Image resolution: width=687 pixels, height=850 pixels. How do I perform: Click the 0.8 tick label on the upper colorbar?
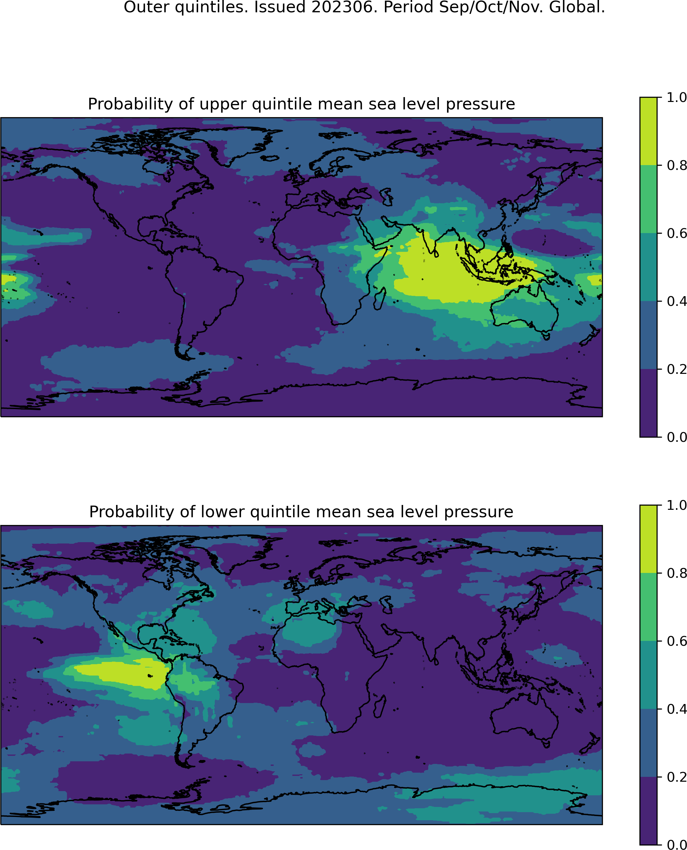click(677, 165)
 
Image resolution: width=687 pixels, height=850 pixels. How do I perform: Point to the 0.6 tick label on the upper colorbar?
click(677, 233)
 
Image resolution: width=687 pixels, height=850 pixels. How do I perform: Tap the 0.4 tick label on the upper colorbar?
click(677, 301)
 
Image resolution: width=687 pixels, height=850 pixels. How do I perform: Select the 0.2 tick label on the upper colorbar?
click(677, 369)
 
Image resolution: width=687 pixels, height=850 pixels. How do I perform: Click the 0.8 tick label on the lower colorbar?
click(677, 573)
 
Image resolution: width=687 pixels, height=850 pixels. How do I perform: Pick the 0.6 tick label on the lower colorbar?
click(677, 641)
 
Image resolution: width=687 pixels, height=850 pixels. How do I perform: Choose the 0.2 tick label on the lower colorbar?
click(677, 777)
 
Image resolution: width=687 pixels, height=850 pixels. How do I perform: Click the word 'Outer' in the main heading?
click(147, 7)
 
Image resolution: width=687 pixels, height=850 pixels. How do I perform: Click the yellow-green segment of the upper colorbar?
click(648, 131)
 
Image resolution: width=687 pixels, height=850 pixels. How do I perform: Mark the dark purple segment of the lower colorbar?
click(648, 811)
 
